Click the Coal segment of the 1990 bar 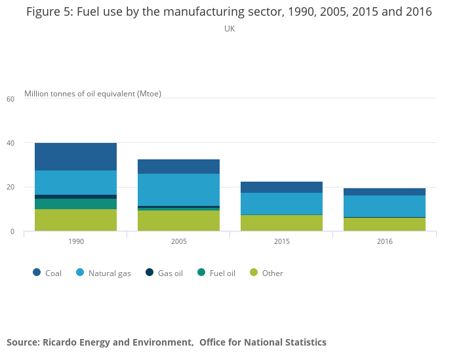click(75, 157)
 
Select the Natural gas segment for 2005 click(178, 190)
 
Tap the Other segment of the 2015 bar click(281, 223)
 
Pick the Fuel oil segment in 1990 click(75, 204)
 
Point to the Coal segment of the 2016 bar click(384, 191)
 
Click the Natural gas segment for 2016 click(384, 206)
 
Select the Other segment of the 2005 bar click(178, 220)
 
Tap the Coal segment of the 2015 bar click(281, 187)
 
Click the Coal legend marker click(37, 273)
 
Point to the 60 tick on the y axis click(10, 99)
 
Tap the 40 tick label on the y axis click(10, 143)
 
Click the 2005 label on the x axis click(178, 242)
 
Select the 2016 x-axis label click(384, 242)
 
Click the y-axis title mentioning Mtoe click(92, 94)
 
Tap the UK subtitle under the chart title click(229, 29)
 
